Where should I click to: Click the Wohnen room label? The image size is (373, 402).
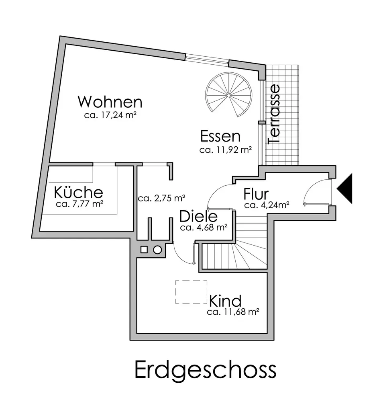[110, 102]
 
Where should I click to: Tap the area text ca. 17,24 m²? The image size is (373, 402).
[109, 115]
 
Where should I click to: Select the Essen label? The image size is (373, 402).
[220, 137]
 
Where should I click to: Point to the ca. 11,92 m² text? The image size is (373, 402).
[225, 150]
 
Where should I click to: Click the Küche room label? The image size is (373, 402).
[79, 192]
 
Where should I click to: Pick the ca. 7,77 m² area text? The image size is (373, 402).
[80, 204]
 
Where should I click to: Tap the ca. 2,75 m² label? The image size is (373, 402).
[161, 198]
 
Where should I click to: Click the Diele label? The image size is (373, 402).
[198, 217]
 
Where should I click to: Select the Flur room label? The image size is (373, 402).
[256, 195]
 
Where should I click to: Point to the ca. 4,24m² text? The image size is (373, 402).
[267, 205]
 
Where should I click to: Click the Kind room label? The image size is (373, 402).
[225, 300]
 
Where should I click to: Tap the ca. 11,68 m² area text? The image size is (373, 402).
[232, 312]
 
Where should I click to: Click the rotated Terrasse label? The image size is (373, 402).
[275, 114]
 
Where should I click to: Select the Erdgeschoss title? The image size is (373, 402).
[205, 369]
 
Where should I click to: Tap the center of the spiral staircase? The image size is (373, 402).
[228, 96]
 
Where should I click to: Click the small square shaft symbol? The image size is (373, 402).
[144, 250]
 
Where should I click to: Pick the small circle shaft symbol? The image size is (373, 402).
[157, 250]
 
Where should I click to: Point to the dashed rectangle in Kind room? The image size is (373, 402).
[191, 291]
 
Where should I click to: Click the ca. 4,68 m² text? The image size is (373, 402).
[204, 228]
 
